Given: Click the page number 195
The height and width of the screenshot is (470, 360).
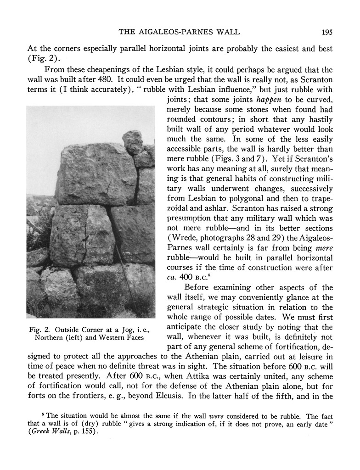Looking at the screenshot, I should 327,32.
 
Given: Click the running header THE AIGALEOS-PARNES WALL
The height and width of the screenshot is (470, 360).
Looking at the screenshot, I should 180,32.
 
